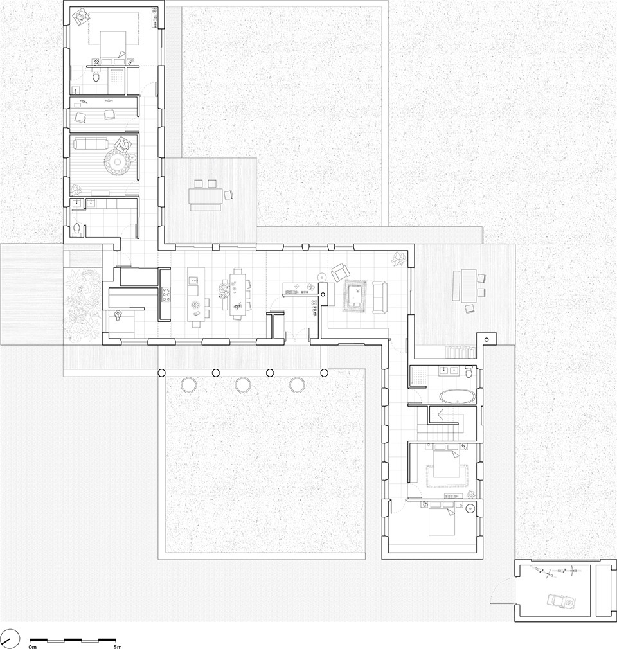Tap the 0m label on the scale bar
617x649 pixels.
[x=32, y=646]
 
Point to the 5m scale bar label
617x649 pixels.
[x=118, y=646]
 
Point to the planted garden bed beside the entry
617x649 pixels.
[x=82, y=305]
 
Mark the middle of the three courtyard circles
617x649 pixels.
[x=243, y=385]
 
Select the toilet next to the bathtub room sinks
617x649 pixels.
[x=469, y=371]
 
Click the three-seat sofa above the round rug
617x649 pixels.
[x=90, y=144]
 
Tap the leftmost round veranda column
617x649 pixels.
[x=161, y=373]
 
